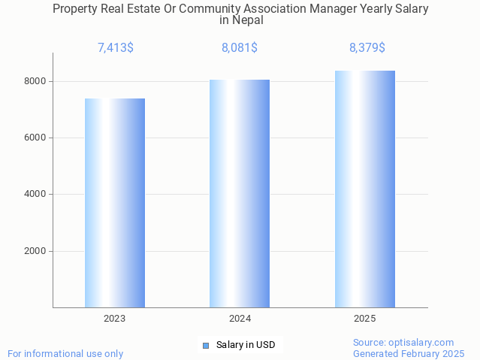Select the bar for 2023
tap(115, 203)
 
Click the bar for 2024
tap(240, 193)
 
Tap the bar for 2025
tap(365, 189)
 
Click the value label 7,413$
tap(116, 48)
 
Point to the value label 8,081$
tap(240, 48)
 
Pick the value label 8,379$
tap(367, 48)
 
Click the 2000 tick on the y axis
tap(36, 251)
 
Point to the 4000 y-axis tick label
tap(36, 195)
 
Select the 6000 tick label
tap(36, 138)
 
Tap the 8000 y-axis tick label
tap(36, 81)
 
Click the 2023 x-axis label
tap(115, 319)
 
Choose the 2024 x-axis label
tap(240, 319)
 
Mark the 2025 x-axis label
tap(365, 319)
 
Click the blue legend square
tap(206, 346)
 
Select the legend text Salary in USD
tap(246, 346)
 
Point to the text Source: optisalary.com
tap(403, 342)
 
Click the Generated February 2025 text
tap(409, 353)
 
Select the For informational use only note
tap(65, 353)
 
